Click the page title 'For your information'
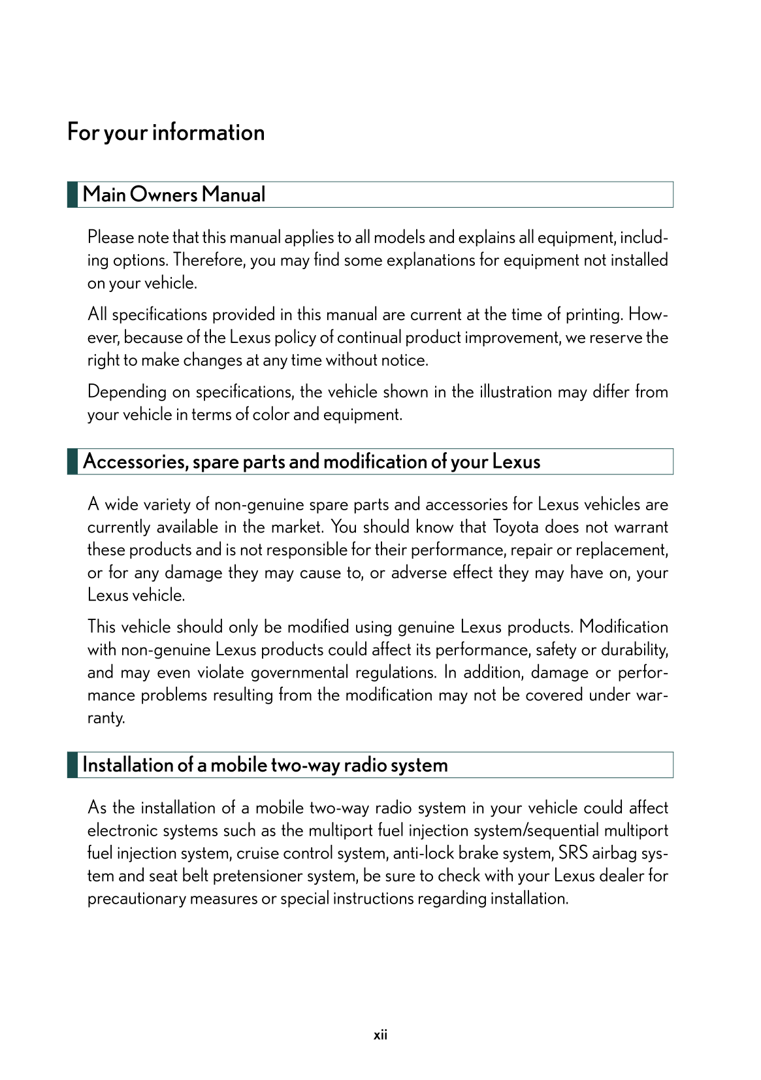[x=166, y=133]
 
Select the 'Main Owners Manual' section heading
[x=174, y=195]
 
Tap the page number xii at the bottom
[x=380, y=1035]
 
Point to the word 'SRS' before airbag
[x=573, y=853]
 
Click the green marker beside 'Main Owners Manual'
[x=73, y=195]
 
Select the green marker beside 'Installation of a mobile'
[x=73, y=765]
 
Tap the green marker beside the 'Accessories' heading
[x=73, y=461]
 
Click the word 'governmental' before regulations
[x=300, y=672]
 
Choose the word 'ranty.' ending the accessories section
[x=106, y=718]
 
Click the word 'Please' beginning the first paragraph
[x=110, y=237]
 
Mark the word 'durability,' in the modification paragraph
[x=634, y=650]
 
